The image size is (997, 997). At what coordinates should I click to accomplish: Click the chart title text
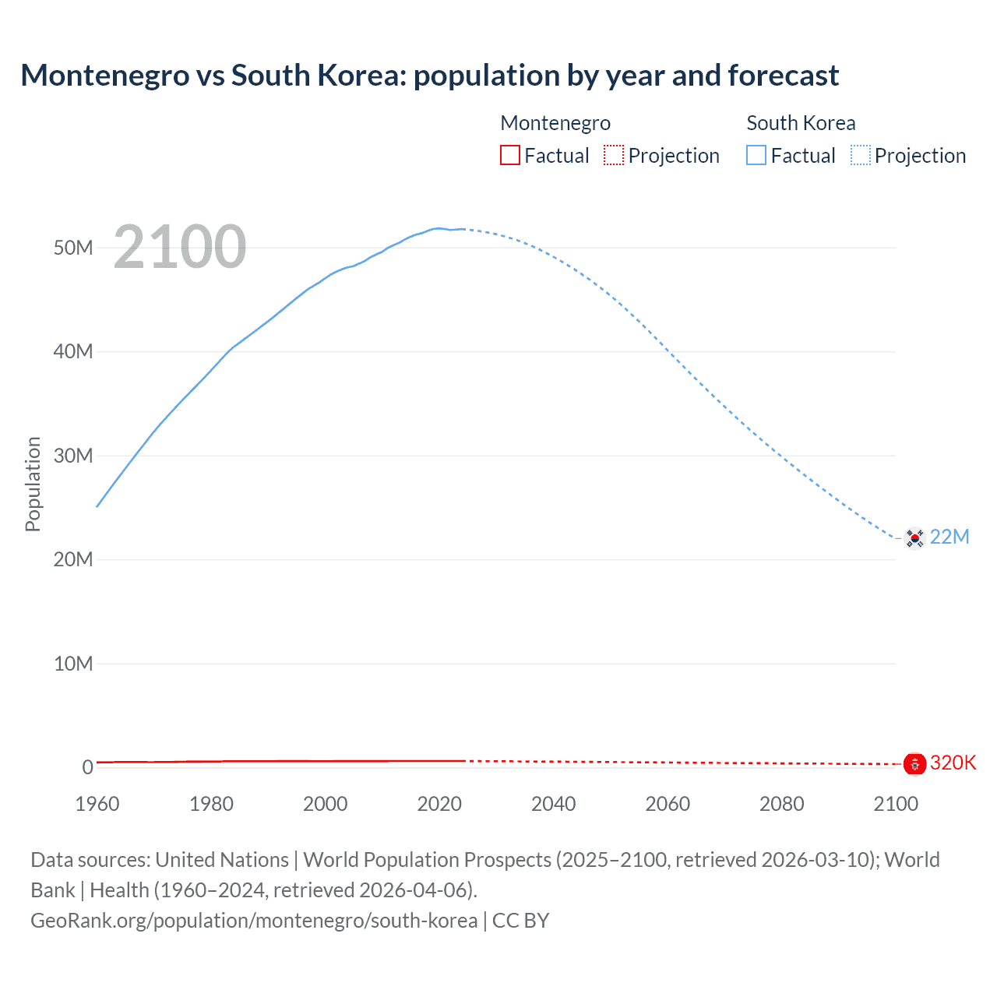tap(429, 76)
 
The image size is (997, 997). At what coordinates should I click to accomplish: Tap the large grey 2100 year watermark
tap(180, 247)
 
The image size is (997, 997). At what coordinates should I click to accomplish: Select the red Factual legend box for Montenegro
tap(509, 155)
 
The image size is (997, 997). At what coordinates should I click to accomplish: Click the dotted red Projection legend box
tap(614, 155)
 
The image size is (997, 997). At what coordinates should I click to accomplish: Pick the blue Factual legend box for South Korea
tap(756, 155)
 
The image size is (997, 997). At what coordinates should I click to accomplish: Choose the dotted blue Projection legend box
tap(861, 155)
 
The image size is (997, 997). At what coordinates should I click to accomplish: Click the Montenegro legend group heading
tap(555, 123)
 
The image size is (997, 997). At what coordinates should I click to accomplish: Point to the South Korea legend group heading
tap(801, 123)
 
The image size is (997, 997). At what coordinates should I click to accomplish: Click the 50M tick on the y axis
tap(73, 248)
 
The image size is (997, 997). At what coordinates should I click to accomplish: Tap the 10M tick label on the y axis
tap(73, 664)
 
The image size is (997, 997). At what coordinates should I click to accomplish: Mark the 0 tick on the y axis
tap(87, 767)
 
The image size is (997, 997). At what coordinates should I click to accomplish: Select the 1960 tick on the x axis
tap(97, 804)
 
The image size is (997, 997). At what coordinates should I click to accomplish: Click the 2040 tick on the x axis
tap(553, 804)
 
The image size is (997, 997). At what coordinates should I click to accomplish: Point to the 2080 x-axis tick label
tap(781, 804)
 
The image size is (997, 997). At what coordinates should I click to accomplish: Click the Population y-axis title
tap(33, 484)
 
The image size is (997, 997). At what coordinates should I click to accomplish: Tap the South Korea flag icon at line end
tap(914, 537)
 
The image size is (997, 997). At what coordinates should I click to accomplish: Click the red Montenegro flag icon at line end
tap(914, 764)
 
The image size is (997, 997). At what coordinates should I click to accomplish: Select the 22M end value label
tap(949, 537)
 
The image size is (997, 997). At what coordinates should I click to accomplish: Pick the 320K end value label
tap(953, 763)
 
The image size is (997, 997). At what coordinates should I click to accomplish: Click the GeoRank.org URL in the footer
tap(254, 921)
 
